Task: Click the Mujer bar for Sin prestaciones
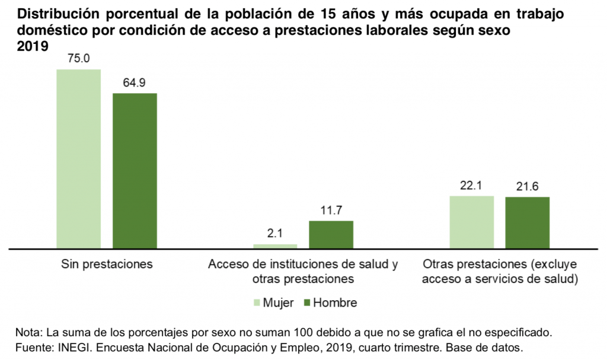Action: coord(79,158)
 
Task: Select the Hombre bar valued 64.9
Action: coord(135,170)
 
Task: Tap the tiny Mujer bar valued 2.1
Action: coord(275,246)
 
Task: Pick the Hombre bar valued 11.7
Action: coord(331,234)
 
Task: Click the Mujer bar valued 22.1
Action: coord(471,222)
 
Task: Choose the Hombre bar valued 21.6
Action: coord(527,222)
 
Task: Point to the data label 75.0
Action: coord(78,59)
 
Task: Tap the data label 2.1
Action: coord(274,233)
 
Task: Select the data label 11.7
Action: coord(331,210)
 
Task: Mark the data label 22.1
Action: coord(471,185)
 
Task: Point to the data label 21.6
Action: coord(527,186)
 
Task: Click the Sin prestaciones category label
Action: coord(107,265)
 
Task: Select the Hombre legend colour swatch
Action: coord(306,303)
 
